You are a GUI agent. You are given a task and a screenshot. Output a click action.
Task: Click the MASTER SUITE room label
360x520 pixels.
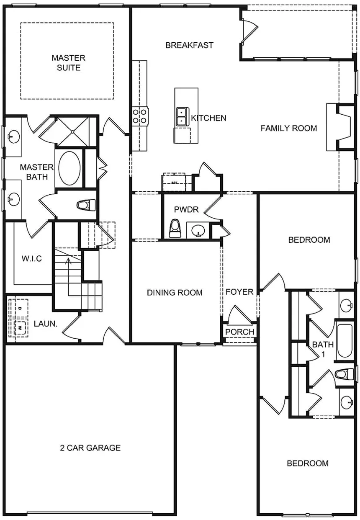point(68,62)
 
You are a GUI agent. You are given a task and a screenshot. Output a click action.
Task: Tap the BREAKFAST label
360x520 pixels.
point(189,45)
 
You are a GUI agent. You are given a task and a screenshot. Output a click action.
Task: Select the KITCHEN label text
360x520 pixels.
point(208,118)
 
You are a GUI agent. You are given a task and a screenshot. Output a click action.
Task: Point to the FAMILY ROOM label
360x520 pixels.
point(288,128)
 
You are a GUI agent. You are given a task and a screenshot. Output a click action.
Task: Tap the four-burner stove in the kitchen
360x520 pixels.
point(140,116)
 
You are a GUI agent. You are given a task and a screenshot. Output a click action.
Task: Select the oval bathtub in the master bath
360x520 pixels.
point(69,168)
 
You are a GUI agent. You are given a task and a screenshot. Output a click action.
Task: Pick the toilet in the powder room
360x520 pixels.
point(174,229)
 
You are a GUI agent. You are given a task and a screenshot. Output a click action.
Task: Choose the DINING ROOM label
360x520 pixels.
point(175,293)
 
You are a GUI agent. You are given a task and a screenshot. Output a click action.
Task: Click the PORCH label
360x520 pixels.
point(239,332)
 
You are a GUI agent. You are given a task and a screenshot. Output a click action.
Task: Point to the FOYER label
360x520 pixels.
point(239,292)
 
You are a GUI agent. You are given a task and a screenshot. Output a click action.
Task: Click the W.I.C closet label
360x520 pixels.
point(32,258)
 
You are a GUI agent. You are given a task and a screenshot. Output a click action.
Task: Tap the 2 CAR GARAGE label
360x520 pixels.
point(90,448)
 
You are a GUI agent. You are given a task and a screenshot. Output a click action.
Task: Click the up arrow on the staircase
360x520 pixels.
point(67,262)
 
